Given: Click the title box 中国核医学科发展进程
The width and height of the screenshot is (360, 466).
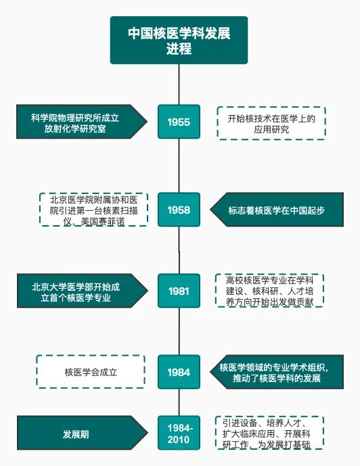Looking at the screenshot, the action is click(179, 40).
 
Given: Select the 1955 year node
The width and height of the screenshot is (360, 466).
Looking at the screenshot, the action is click(179, 122).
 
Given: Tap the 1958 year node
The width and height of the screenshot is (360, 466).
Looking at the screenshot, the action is click(179, 210).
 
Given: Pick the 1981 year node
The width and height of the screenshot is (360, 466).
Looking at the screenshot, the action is click(179, 291).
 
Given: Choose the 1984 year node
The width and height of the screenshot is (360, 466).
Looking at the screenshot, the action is click(179, 372).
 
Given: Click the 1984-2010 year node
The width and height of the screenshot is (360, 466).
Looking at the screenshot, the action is click(179, 433).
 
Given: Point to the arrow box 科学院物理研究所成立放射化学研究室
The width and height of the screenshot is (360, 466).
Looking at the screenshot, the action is click(82, 122).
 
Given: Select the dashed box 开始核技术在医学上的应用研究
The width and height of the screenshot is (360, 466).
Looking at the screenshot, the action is click(271, 123).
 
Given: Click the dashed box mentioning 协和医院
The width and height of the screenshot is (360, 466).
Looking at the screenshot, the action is click(93, 210).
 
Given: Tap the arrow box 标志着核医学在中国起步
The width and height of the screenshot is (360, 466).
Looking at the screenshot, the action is click(277, 210).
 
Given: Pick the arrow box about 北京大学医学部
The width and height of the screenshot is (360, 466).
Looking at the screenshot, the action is click(83, 291).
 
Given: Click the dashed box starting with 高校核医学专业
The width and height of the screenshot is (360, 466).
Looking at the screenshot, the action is click(269, 291).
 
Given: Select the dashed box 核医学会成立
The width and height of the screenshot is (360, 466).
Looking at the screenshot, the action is click(91, 372).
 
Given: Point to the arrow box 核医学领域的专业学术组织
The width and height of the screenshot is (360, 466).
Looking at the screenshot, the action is click(277, 372).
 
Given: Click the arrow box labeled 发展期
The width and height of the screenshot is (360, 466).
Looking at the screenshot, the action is click(83, 433).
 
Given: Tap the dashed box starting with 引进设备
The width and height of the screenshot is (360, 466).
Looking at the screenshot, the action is click(269, 433).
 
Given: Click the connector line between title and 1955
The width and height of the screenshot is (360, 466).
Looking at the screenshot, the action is click(179, 85).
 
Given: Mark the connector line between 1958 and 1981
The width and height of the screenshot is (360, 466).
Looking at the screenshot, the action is click(179, 250).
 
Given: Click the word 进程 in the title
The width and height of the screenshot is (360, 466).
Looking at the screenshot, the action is click(179, 49).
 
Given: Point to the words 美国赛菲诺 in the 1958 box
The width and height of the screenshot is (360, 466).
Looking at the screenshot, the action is click(103, 222).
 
